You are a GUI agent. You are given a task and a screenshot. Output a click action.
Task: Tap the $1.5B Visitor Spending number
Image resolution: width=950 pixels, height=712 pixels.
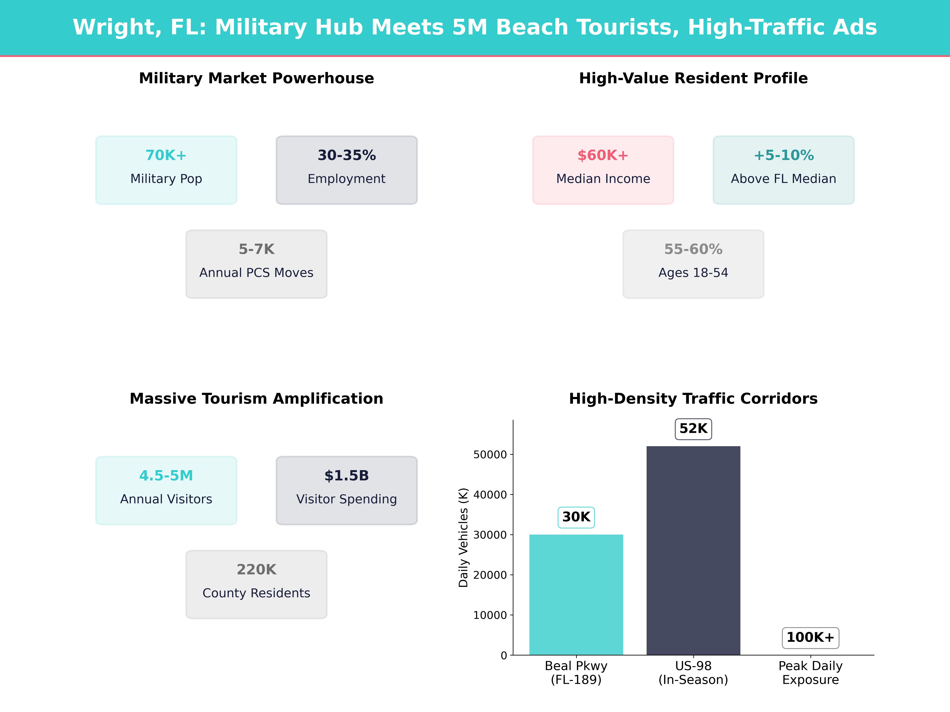pyautogui.click(x=347, y=475)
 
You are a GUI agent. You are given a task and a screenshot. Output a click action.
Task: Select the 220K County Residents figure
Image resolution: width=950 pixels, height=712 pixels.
pyautogui.click(x=256, y=570)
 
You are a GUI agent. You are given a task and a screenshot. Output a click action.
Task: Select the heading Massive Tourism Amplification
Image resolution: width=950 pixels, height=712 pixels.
pyautogui.click(x=256, y=399)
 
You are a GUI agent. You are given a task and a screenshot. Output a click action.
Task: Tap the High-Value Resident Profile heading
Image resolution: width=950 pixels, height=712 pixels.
pyautogui.click(x=693, y=79)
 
